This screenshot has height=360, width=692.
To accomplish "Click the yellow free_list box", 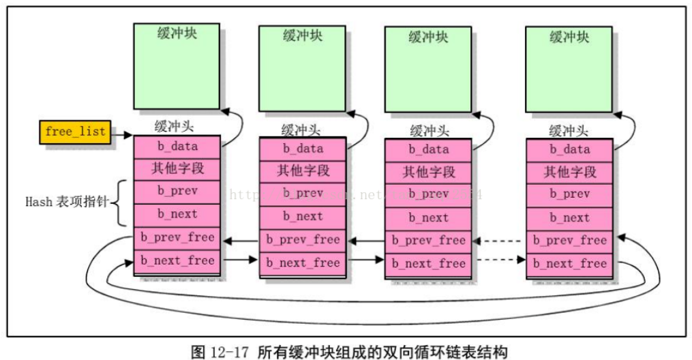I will pyautogui.click(x=76, y=132).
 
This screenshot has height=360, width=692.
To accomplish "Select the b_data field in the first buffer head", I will pyautogui.click(x=177, y=146).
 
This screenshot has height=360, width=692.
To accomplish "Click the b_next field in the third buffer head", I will pyautogui.click(x=429, y=217).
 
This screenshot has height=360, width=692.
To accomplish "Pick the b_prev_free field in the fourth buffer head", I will pyautogui.click(x=569, y=240).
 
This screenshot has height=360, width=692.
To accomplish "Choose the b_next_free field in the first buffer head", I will pyautogui.click(x=177, y=260).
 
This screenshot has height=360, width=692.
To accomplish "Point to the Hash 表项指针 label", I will pyautogui.click(x=66, y=202).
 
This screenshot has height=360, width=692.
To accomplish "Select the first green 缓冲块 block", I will pyautogui.click(x=177, y=66).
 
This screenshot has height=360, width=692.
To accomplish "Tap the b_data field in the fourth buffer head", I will pyautogui.click(x=569, y=149).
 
